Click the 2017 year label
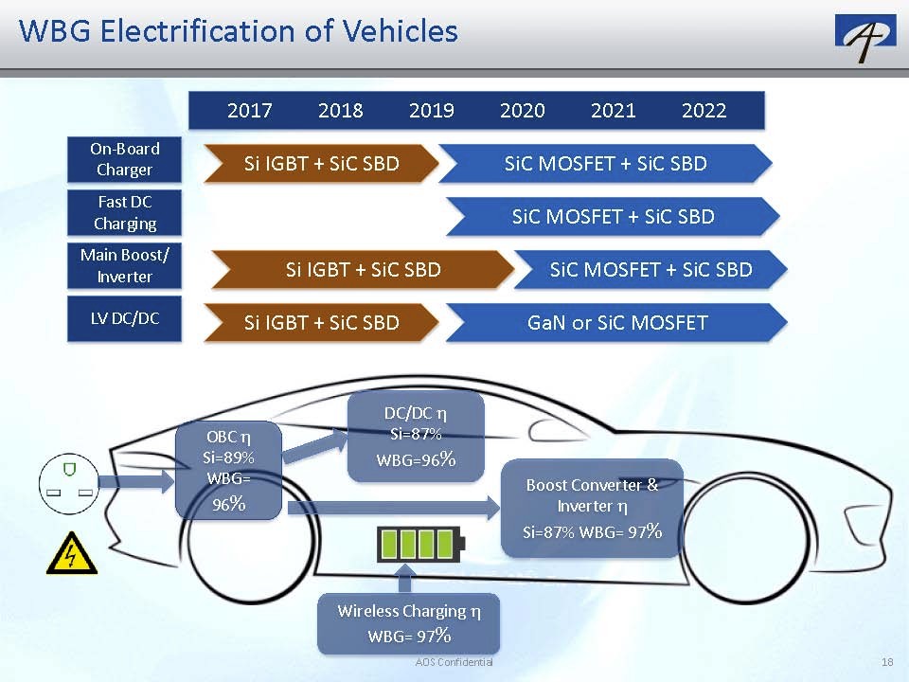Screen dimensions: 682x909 click(x=250, y=111)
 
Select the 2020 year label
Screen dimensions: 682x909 click(x=523, y=111)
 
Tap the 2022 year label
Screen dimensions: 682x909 click(x=704, y=111)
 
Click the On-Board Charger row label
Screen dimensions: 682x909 click(x=125, y=159)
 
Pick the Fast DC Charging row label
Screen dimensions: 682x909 click(x=125, y=213)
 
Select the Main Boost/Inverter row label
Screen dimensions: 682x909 click(x=124, y=266)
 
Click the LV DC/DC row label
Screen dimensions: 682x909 click(x=125, y=318)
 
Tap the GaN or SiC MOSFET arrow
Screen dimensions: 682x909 click(x=617, y=323)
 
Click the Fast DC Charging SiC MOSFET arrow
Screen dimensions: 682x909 click(x=614, y=217)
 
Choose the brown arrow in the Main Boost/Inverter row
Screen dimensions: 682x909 click(x=363, y=270)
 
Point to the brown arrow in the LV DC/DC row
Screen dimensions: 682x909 click(x=322, y=323)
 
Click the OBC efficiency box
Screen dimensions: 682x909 click(x=229, y=471)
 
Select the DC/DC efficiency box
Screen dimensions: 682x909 click(x=417, y=437)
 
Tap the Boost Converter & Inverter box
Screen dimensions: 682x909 click(x=592, y=508)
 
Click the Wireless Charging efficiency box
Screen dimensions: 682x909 click(x=409, y=622)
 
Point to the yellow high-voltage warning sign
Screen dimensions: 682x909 click(x=72, y=553)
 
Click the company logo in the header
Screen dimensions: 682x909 click(x=864, y=37)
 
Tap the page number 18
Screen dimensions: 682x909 click(x=887, y=662)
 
